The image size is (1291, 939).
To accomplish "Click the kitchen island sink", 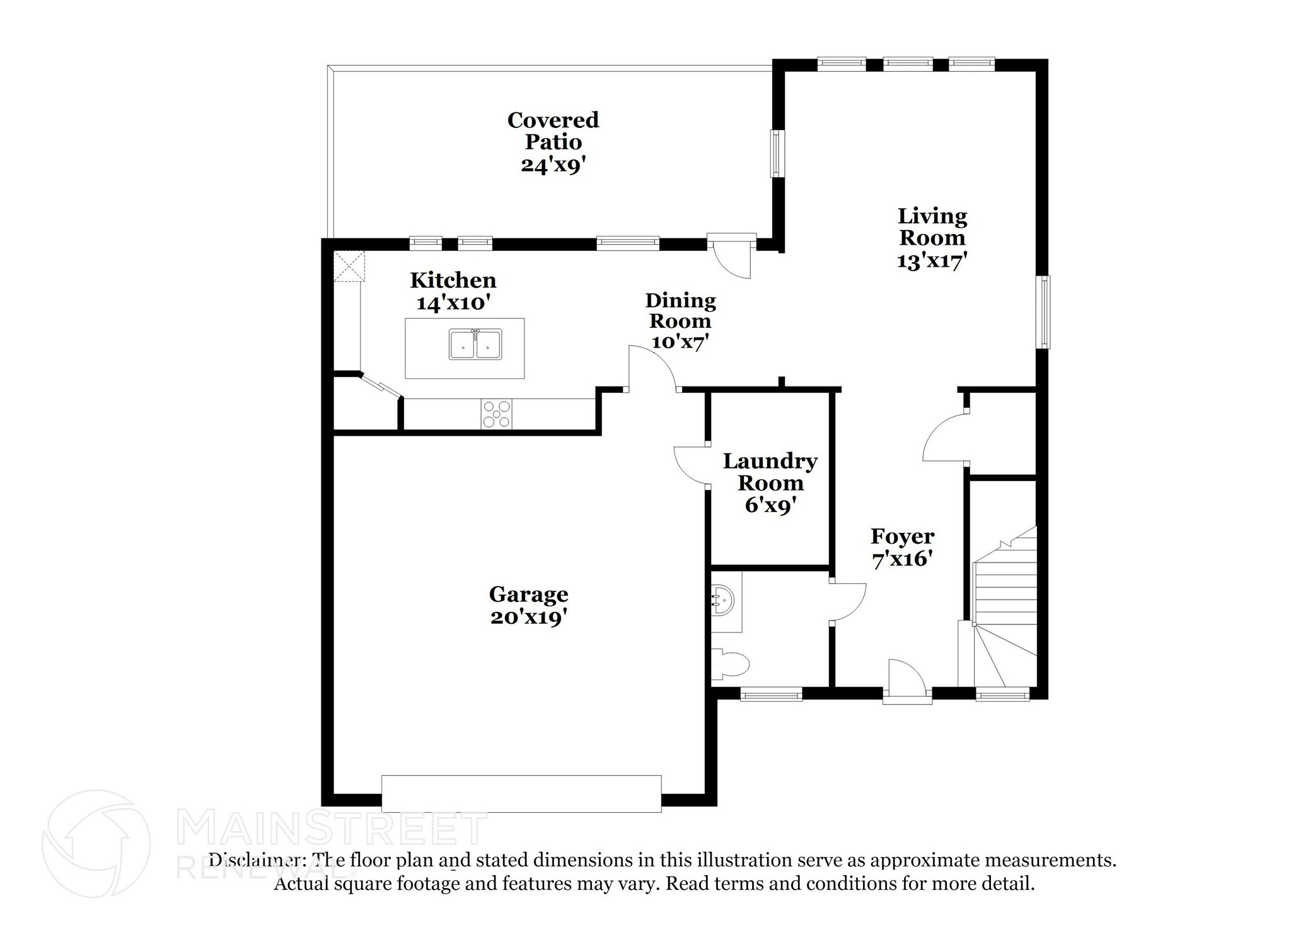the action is click(476, 344).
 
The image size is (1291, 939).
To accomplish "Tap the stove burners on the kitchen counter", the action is click(497, 414).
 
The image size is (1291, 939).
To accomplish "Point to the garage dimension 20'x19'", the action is click(526, 617).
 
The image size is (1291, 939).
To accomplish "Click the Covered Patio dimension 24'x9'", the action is click(553, 165).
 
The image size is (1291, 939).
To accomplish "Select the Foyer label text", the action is click(902, 537).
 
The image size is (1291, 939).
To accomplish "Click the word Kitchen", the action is click(453, 280).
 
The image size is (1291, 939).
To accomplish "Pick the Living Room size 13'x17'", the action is click(932, 260).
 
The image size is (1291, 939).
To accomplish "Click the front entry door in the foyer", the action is click(906, 682).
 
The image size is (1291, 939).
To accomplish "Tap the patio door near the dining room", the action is click(731, 255).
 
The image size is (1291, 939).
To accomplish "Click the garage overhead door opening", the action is click(521, 793).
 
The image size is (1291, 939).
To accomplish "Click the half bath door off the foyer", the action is click(848, 602).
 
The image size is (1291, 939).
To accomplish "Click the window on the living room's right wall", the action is click(1044, 312).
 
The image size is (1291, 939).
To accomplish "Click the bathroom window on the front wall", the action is click(771, 695).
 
